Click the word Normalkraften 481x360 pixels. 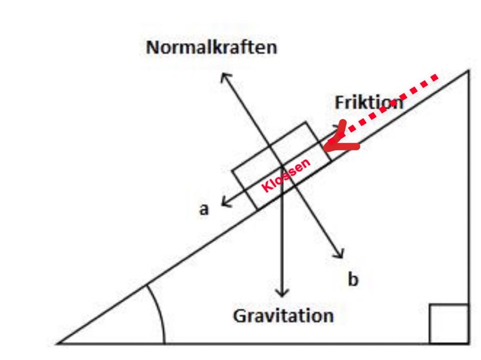coord(212,47)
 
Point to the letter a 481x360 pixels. coord(204,210)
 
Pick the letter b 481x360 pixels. coord(354,279)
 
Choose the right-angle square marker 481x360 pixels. coord(449,324)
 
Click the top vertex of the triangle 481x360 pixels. coord(468,71)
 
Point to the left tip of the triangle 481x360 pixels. coord(59,343)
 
